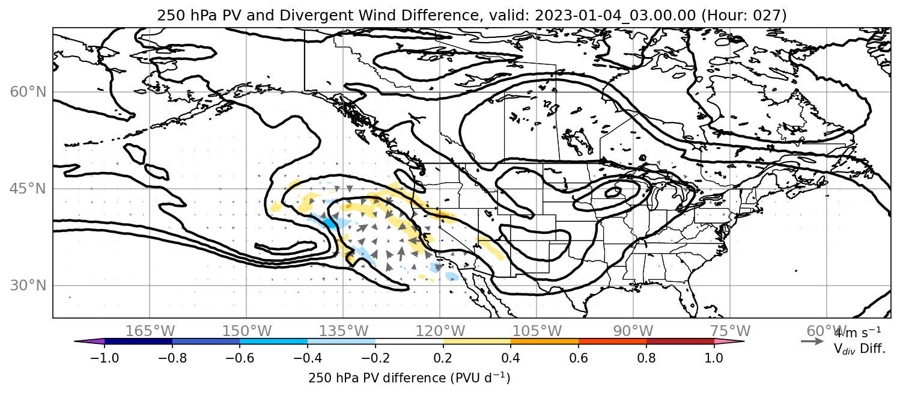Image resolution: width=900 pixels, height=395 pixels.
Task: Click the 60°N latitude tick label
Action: tap(28, 92)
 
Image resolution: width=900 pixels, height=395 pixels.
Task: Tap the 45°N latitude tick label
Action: tap(28, 189)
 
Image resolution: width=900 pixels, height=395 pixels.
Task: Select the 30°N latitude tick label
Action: tap(28, 286)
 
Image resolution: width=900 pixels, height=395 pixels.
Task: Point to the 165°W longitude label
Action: tap(150, 331)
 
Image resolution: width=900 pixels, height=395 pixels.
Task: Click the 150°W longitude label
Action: tap(247, 331)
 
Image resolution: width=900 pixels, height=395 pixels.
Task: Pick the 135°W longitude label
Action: tap(344, 331)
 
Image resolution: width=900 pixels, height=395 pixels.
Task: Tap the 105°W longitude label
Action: tap(537, 331)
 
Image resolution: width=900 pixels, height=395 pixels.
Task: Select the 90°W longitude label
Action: tap(633, 331)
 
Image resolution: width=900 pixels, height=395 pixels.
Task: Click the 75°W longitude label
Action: tap(730, 331)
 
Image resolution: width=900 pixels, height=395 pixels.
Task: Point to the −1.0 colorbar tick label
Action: tap(105, 358)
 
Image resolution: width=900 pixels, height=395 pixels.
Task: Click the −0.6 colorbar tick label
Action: tap(240, 358)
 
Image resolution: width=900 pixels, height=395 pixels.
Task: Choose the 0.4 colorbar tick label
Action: tap(511, 358)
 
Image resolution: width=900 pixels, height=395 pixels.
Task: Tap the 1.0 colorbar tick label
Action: tap(714, 358)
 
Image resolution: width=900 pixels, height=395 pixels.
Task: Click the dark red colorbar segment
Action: tap(680, 341)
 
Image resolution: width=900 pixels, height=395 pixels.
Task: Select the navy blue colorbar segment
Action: tap(139, 341)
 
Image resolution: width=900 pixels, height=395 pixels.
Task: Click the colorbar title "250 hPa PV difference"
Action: tap(377, 378)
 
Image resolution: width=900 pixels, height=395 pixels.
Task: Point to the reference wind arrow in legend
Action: tap(812, 341)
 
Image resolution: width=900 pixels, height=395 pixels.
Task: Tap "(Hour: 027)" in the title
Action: tap(744, 15)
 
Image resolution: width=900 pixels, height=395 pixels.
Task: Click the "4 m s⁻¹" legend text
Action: tap(857, 332)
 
